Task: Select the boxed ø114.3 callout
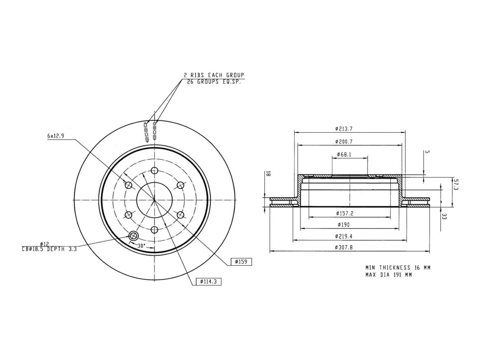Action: (208, 281)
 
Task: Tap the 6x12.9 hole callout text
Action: (56, 136)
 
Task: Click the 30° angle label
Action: (141, 246)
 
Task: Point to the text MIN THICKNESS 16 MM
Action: (398, 268)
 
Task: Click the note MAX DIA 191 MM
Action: (388, 275)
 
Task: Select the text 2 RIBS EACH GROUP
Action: (214, 75)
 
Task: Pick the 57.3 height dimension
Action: (455, 184)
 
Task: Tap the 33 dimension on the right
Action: (444, 216)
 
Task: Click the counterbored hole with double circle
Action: (133, 236)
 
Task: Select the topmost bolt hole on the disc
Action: (154, 171)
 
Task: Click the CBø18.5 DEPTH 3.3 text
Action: (49, 249)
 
